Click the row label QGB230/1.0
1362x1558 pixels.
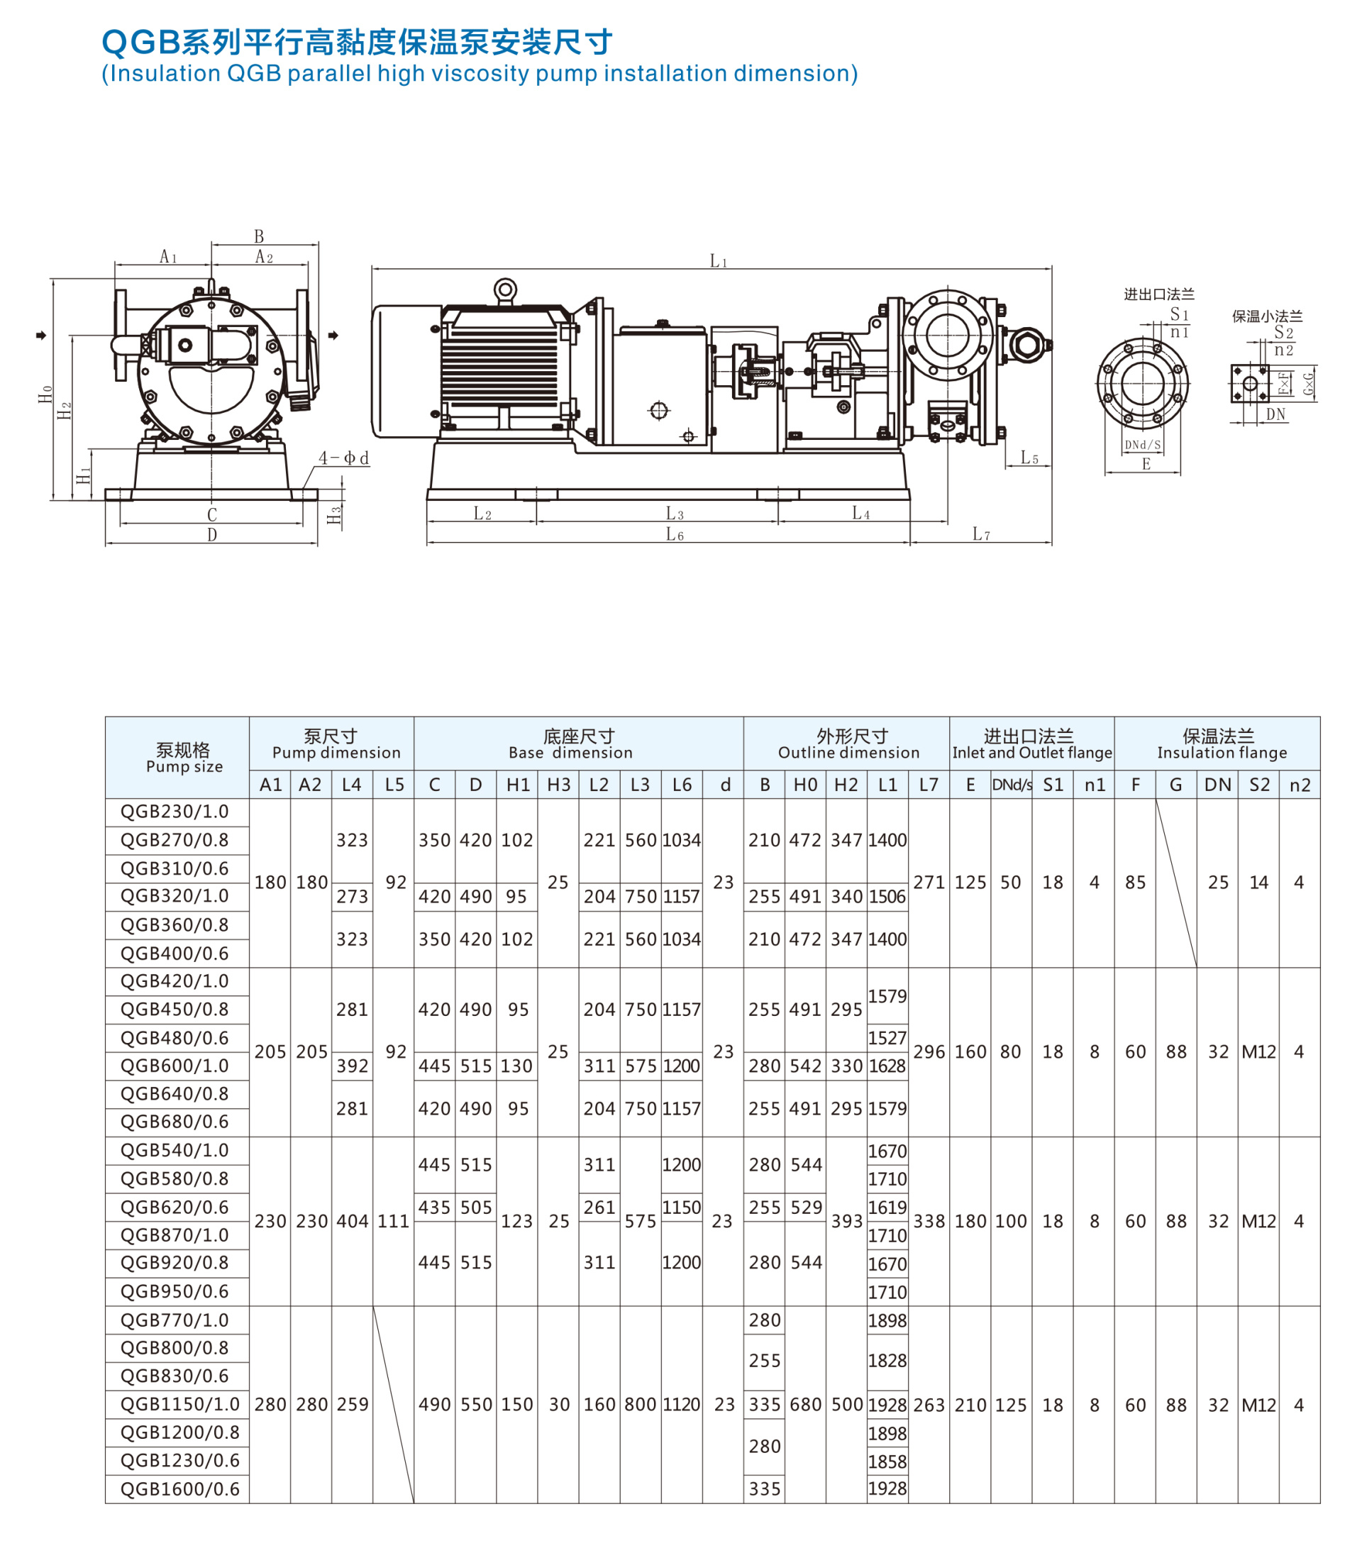click(x=175, y=811)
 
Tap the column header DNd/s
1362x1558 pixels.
click(x=1012, y=784)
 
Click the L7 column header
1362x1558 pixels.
click(x=929, y=784)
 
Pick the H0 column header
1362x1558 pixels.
click(x=806, y=784)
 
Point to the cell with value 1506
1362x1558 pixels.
click(x=887, y=897)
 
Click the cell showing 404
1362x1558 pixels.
click(x=353, y=1221)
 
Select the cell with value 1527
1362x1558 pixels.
click(x=887, y=1038)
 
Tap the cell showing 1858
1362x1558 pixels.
click(x=887, y=1462)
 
